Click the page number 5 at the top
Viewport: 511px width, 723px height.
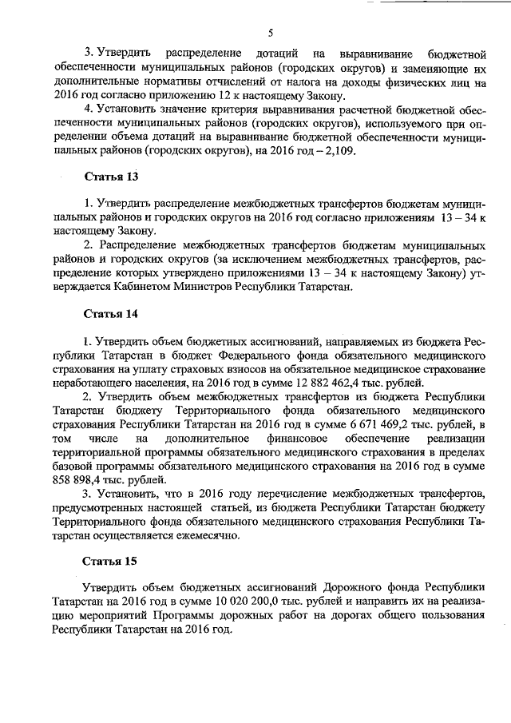(x=271, y=33)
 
